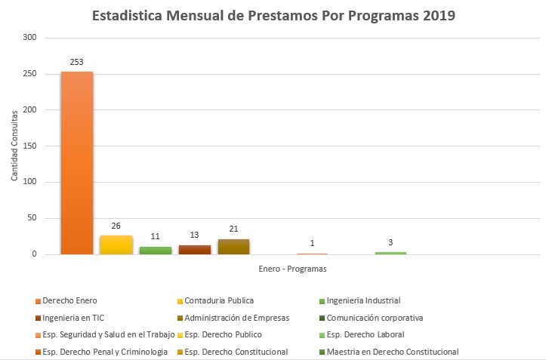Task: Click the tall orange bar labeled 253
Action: pos(76,163)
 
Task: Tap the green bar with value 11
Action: pos(155,251)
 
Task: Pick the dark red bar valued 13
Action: pos(194,250)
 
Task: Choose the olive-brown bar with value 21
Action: pos(233,247)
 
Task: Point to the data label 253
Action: pos(76,62)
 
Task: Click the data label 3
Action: pos(390,242)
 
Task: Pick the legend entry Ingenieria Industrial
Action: pos(368,300)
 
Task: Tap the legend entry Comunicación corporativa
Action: pos(378,318)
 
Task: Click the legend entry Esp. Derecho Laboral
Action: pos(366,334)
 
